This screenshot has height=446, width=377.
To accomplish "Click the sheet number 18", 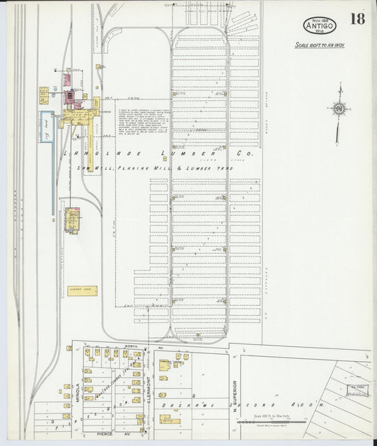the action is click(356, 19).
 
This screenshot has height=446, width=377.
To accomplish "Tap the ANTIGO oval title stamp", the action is click(320, 25).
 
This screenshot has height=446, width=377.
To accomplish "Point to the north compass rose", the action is click(340, 108).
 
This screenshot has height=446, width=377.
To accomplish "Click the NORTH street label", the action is click(129, 346).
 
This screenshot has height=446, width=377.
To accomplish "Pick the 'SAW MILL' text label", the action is click(91, 168).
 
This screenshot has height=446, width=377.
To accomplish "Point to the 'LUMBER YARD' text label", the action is click(192, 169).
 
